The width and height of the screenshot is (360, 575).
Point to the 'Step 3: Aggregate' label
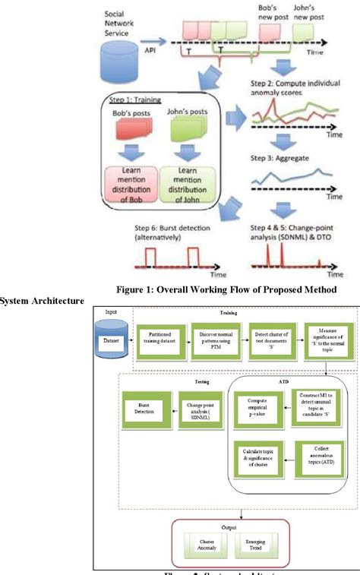[x=277, y=161]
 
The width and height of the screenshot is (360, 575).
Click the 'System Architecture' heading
[x=43, y=302]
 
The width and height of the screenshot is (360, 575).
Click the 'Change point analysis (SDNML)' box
[x=199, y=407]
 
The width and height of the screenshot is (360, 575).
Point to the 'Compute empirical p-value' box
[x=251, y=407]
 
